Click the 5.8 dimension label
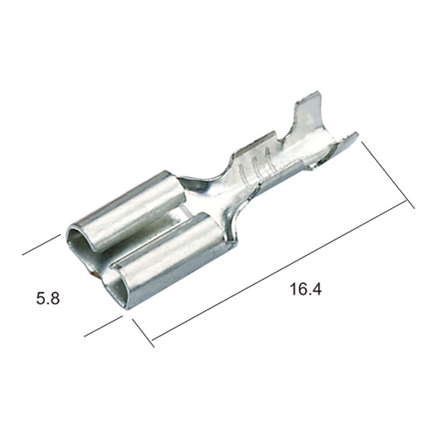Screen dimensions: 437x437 [48, 299]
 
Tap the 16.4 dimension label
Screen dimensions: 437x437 [306, 289]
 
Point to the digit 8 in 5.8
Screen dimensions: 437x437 [55, 299]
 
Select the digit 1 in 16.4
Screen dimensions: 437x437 [293, 289]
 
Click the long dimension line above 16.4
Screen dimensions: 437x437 [279, 270]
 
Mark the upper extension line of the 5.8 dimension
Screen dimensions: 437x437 [41, 245]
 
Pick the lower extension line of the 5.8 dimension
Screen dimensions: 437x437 [103, 326]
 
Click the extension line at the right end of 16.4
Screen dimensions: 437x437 [388, 175]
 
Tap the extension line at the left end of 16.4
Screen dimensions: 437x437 [143, 333]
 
